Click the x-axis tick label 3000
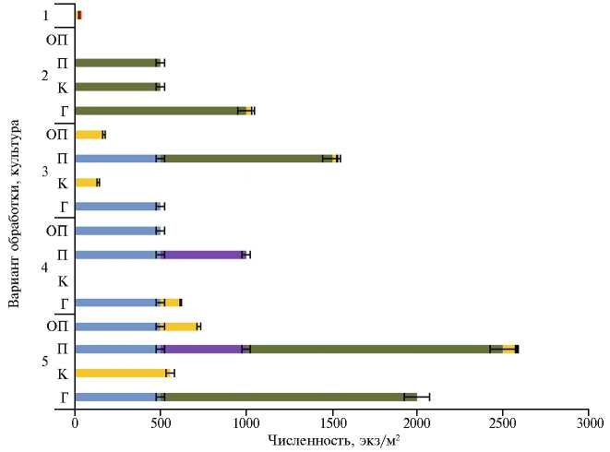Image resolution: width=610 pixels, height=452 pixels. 588,423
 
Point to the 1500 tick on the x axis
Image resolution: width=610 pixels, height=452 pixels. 331,423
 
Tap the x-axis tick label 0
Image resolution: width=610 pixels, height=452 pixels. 75,423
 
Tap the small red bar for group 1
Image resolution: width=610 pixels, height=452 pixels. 78,15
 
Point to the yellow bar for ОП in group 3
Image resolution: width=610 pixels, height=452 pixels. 90,135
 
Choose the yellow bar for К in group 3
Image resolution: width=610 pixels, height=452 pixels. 87,182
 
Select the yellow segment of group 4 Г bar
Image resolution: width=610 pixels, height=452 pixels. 172,302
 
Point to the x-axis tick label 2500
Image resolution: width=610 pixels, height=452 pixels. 502,423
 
